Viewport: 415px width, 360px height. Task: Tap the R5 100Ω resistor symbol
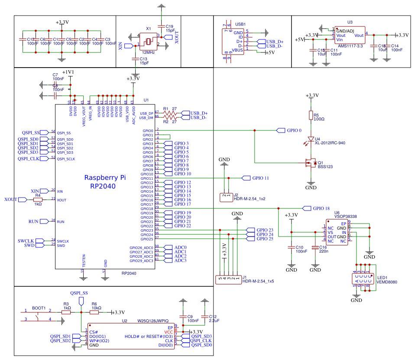311,115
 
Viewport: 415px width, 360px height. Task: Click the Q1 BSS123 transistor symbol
310,163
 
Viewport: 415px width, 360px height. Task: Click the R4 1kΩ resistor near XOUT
38,200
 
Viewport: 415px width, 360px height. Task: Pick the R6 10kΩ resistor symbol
94,312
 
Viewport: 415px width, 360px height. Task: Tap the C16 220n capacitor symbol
314,248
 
